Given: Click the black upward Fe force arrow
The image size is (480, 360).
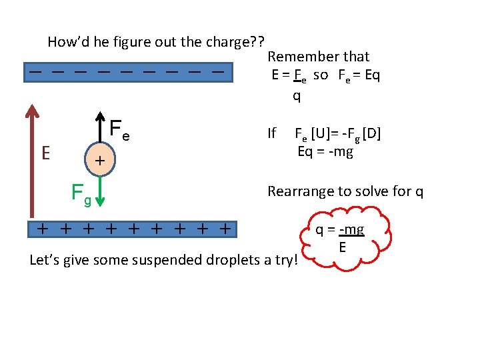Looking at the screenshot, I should coord(99,127).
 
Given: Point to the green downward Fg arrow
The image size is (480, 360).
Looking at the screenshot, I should coord(99,191).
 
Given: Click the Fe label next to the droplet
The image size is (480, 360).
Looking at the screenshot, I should coord(119,129).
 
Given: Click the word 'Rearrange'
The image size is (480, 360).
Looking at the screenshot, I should coord(298,191).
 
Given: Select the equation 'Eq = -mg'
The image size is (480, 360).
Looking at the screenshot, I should coord(325,151).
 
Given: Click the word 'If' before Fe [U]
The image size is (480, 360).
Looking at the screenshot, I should coord(271,133).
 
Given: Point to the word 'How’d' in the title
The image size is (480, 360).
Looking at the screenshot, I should coord(65,41).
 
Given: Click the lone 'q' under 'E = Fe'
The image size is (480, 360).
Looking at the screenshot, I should coord(297,96).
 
